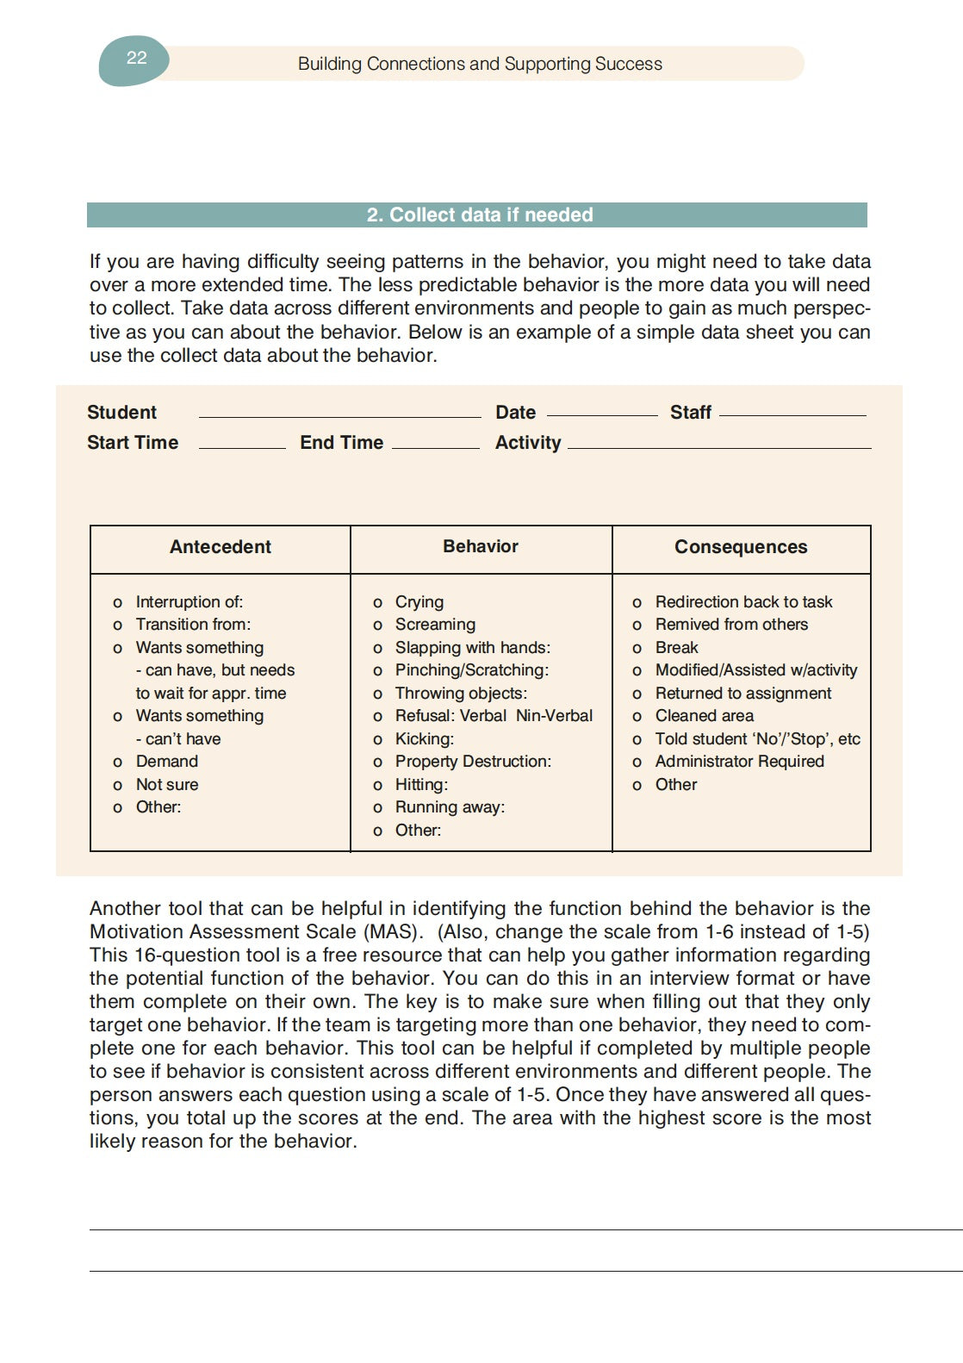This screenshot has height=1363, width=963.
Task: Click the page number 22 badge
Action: point(135,59)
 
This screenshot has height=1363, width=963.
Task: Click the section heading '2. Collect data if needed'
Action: point(479,215)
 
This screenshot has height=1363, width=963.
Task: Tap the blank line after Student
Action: point(339,415)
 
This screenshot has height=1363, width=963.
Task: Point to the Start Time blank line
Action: point(241,446)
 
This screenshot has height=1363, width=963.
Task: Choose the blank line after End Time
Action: point(435,446)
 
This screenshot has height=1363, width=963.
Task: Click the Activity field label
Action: point(527,443)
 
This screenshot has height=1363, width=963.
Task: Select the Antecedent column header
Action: point(220,547)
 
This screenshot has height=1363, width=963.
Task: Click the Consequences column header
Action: point(741,547)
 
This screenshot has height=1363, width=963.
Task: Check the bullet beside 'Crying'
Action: point(378,603)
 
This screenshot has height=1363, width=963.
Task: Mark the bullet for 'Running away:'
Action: point(378,808)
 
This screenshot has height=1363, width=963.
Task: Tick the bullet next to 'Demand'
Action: point(118,762)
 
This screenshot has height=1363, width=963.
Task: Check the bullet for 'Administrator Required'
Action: point(637,762)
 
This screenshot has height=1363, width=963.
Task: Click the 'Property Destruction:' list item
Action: point(473,762)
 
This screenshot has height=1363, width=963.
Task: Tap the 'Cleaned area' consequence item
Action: point(704,716)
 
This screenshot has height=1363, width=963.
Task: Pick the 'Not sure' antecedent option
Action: point(167,785)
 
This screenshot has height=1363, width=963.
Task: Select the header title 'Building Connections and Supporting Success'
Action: point(480,64)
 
